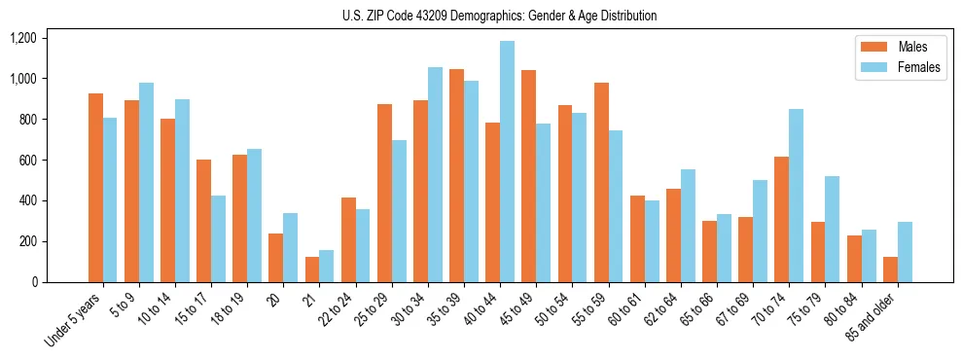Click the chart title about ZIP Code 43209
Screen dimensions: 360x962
(499, 16)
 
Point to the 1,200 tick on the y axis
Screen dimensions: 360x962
(22, 38)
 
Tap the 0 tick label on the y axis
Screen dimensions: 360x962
(34, 282)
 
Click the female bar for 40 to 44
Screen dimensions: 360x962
(507, 162)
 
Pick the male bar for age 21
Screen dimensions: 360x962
(312, 270)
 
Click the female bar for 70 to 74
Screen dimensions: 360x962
(796, 196)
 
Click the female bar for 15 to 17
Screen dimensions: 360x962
(218, 239)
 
